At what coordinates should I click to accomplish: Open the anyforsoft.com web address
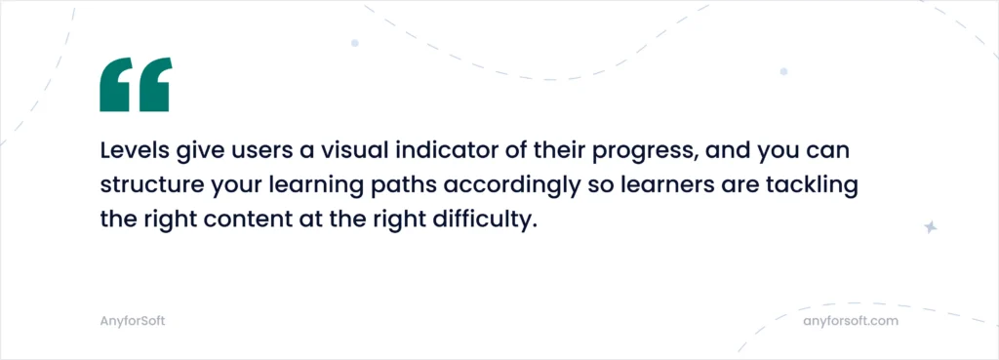(850, 319)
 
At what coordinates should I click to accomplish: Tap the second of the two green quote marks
(156, 85)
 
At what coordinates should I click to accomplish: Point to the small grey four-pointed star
(930, 226)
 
